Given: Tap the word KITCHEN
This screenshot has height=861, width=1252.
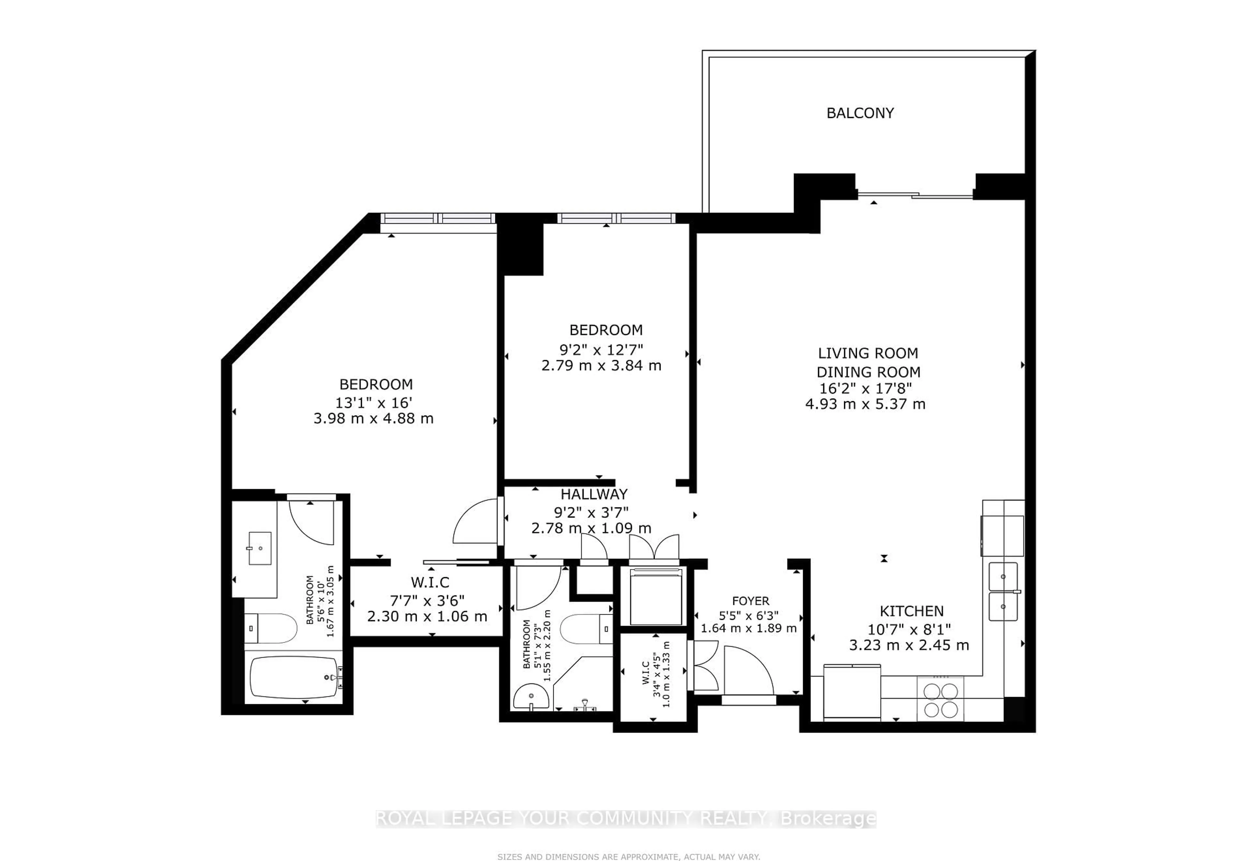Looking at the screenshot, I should pyautogui.click(x=912, y=611).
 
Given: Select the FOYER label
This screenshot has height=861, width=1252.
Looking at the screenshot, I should pyautogui.click(x=750, y=601).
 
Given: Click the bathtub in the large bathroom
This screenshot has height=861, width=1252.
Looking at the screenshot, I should pyautogui.click(x=294, y=677).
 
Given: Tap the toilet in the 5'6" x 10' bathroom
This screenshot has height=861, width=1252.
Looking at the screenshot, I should pyautogui.click(x=273, y=629).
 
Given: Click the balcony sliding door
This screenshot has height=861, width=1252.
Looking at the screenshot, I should pyautogui.click(x=915, y=195).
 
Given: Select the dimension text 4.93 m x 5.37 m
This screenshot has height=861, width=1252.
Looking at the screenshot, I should pyautogui.click(x=865, y=404).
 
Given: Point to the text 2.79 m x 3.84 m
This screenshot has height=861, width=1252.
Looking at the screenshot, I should pyautogui.click(x=601, y=366).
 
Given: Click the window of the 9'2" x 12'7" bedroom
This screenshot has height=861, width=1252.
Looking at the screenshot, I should pyautogui.click(x=616, y=218).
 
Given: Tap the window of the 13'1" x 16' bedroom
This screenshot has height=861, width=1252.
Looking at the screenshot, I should pyautogui.click(x=438, y=218).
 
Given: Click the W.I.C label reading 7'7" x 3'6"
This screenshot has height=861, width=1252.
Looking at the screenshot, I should pyautogui.click(x=430, y=583).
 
